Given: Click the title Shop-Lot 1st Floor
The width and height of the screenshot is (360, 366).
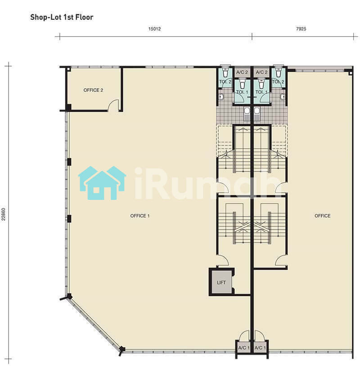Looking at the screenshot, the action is click(62, 17).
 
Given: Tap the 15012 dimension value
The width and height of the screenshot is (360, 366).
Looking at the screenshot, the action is click(154, 29).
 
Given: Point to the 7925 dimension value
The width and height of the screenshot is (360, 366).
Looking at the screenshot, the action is click(301, 29).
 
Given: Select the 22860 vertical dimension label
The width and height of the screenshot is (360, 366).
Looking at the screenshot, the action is click(3, 214).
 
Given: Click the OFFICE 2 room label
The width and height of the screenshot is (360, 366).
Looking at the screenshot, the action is click(93, 90).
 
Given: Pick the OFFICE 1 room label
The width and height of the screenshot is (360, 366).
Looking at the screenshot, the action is click(140, 216).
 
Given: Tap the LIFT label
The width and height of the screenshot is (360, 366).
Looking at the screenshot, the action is click(221, 283).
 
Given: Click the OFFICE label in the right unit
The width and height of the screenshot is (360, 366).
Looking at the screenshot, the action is click(323, 216).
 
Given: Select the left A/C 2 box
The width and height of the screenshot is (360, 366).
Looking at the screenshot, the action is click(242, 72).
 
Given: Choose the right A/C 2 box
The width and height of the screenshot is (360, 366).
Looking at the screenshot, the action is click(261, 72).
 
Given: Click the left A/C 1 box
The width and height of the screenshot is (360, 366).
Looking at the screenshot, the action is click(244, 348).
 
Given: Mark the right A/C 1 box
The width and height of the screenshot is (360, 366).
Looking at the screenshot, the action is click(260, 348).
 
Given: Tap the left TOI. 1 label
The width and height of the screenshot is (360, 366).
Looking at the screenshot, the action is click(242, 92).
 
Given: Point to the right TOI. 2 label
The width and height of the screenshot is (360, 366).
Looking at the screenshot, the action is click(278, 81).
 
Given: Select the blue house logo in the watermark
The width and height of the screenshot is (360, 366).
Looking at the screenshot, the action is click(102, 183).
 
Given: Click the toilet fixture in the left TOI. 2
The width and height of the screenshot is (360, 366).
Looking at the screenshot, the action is click(225, 71).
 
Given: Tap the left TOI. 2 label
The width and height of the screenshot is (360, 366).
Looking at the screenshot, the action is click(225, 81).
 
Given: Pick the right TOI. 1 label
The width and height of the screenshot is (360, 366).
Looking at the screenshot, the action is click(261, 92).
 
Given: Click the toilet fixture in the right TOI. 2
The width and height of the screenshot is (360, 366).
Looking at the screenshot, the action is click(279, 71).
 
